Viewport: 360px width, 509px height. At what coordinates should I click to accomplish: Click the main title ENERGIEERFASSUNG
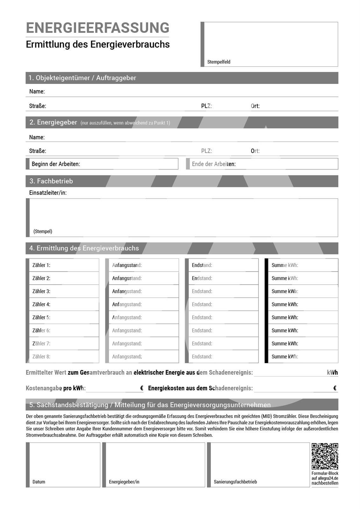click(97, 28)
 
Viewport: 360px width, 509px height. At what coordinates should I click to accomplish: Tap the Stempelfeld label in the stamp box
click(219, 62)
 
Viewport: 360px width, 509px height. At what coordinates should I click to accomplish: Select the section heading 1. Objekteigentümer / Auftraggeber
click(82, 78)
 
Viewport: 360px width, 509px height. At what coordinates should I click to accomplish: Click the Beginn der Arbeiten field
click(103, 164)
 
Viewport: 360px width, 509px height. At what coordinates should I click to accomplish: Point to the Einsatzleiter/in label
click(48, 193)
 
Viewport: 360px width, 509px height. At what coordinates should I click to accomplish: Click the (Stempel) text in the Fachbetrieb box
click(43, 231)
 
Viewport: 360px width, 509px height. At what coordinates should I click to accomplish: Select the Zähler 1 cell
click(64, 265)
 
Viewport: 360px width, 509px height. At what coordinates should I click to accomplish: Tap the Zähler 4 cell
click(64, 304)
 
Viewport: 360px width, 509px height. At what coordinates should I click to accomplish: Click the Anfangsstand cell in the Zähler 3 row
click(143, 291)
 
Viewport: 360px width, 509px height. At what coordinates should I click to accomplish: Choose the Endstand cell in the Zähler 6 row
click(223, 331)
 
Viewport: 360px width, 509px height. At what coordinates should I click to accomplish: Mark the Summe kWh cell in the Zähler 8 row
click(302, 357)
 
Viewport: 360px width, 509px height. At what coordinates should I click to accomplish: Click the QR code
click(325, 456)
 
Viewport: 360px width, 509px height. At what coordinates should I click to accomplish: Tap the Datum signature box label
click(39, 482)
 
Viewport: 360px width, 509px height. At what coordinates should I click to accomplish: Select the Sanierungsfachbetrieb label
click(235, 482)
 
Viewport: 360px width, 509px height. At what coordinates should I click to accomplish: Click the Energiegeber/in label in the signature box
click(124, 482)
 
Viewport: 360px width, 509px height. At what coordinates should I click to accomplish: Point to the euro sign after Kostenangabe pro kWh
click(142, 388)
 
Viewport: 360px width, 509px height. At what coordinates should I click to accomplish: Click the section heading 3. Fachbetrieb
click(51, 181)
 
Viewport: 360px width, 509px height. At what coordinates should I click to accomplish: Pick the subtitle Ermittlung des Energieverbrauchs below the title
click(98, 44)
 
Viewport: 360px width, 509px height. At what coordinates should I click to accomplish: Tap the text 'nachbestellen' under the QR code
click(325, 483)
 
